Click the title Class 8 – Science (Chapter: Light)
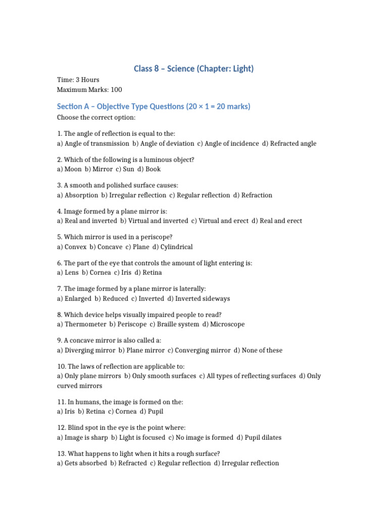[x=193, y=68]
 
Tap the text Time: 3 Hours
[x=78, y=80]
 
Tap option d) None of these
[x=258, y=350]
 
